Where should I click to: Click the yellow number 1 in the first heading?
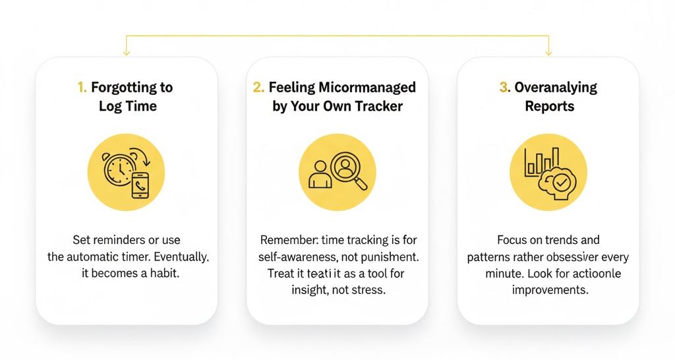point(82,87)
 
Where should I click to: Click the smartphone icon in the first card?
point(140,185)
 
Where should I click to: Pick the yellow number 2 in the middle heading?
point(258,87)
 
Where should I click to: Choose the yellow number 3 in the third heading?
point(504,87)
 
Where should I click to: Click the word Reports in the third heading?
point(549,106)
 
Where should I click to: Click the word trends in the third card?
point(555,240)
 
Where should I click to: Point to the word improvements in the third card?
point(550,289)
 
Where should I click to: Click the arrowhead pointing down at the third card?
point(548,53)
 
